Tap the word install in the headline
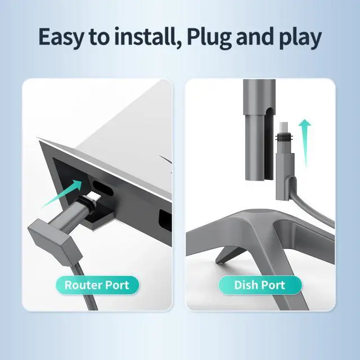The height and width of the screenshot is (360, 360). [143, 36]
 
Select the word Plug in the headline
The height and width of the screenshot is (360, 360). [209, 38]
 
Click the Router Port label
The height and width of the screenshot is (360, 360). [97, 285]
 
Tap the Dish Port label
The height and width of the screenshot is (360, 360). [260, 285]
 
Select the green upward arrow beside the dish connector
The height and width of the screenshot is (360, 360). [305, 142]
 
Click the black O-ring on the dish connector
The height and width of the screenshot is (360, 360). [284, 138]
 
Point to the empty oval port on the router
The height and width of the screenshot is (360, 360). [102, 188]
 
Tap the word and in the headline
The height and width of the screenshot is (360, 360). [255, 36]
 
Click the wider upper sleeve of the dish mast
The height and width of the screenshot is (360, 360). [259, 97]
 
